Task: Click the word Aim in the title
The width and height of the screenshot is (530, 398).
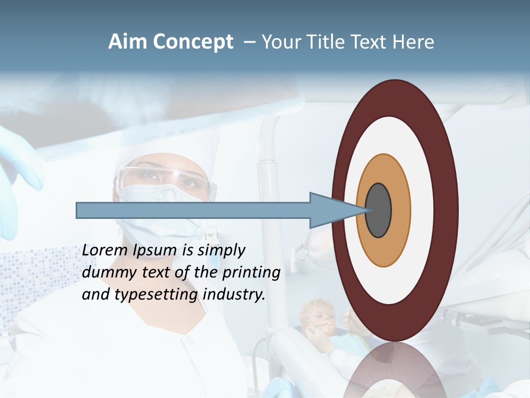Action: pos(128,42)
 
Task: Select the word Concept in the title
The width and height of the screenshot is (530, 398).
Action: pos(193,42)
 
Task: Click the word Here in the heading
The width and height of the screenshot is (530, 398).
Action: pos(413,42)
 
